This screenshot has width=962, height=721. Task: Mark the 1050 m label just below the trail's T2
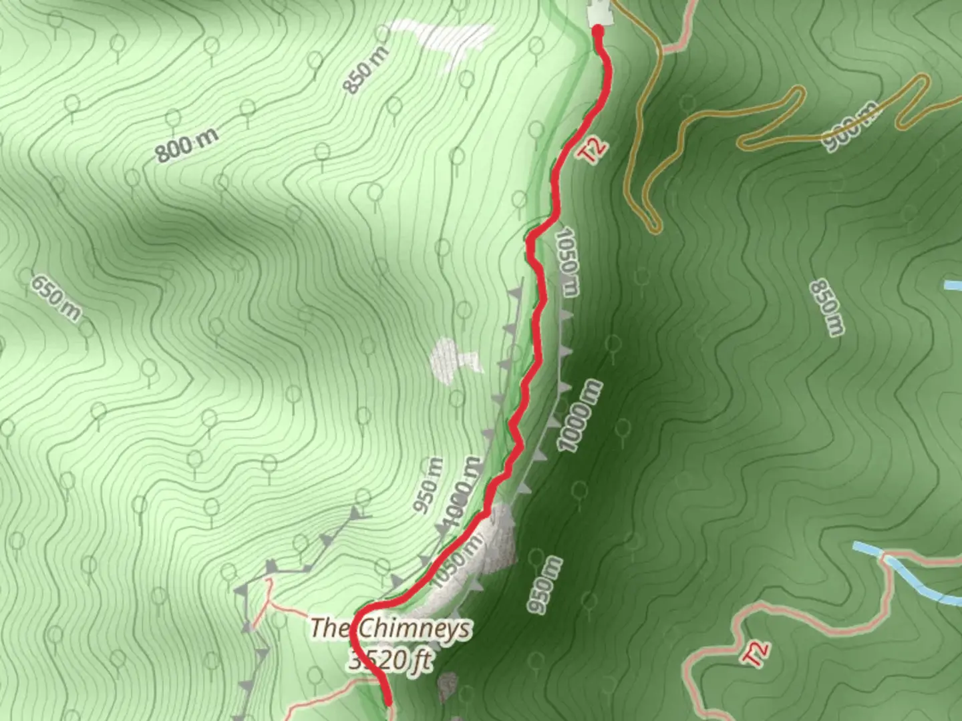pyautogui.click(x=567, y=262)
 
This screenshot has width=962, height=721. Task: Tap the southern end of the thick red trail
pyautogui.click(x=387, y=701)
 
